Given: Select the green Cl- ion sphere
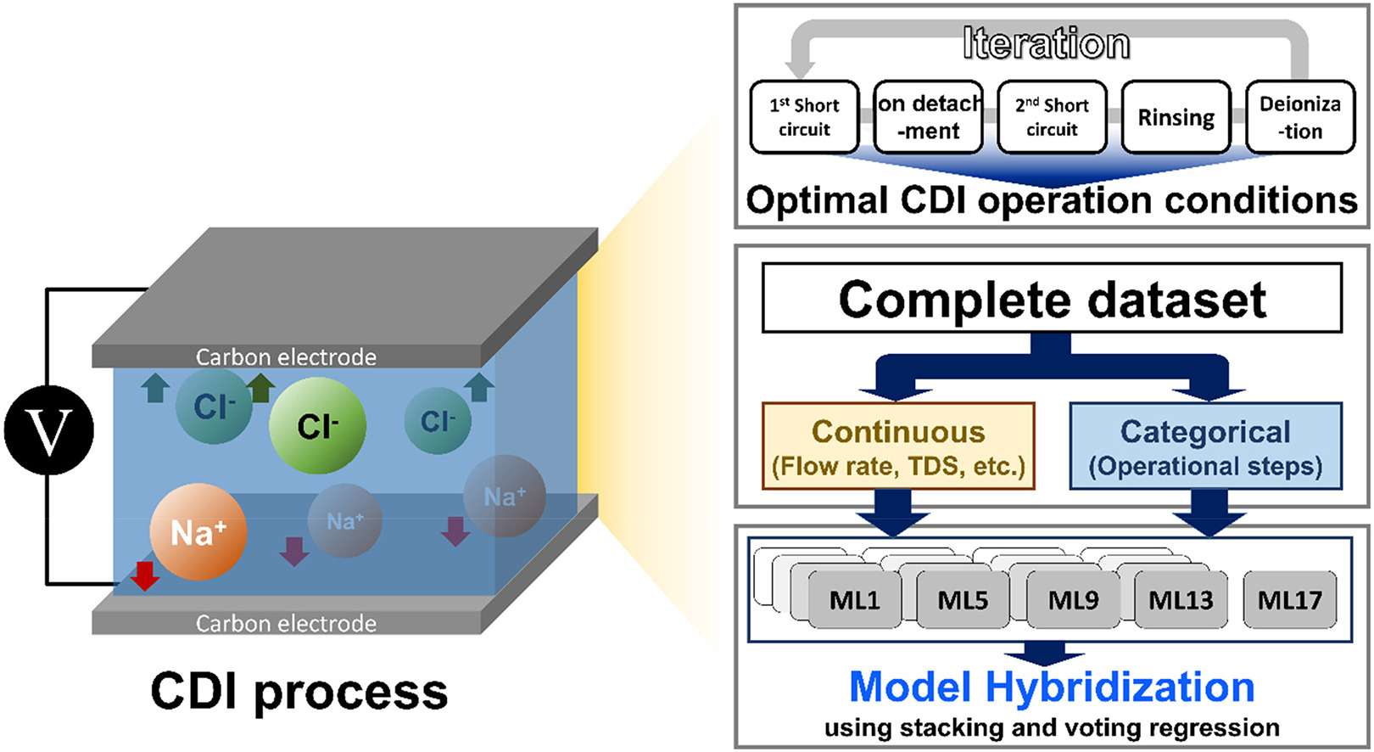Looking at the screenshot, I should tap(317, 425).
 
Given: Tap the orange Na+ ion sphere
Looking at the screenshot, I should tap(198, 531).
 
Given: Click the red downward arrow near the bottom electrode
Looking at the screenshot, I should tap(145, 575).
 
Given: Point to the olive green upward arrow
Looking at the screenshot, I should tap(260, 387).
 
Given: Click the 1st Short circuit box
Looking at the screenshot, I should tap(804, 117).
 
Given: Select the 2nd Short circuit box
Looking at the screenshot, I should tap(1052, 117).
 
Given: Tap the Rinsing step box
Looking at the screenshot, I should tap(1176, 117).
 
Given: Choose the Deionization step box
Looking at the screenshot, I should tap(1299, 117).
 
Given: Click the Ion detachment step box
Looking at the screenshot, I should tap(928, 117).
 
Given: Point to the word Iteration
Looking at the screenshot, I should tap(1046, 43).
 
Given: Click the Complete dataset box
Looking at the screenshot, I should tap(1052, 298).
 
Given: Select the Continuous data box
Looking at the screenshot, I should tap(898, 446).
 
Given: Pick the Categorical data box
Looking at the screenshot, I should tap(1205, 446).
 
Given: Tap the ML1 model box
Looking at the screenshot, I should tap(854, 600).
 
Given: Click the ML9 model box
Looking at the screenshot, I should tap(1073, 600).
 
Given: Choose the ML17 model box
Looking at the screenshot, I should tap(1289, 600).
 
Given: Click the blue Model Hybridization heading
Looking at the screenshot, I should tap(1052, 687).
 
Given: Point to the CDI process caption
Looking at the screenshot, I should tap(299, 691).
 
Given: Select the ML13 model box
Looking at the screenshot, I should tap(1181, 600).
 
